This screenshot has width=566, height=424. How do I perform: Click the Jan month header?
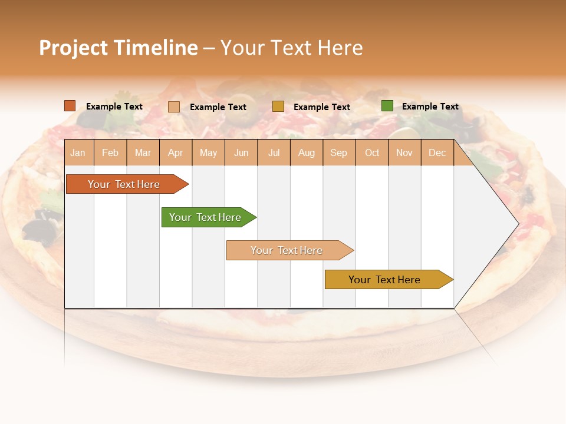[x=78, y=153]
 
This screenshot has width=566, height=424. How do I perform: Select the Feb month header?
[x=110, y=153]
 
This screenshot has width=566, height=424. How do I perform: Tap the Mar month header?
[x=143, y=153]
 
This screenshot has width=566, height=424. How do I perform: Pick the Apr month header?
[x=176, y=153]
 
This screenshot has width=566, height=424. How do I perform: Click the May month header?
[x=208, y=153]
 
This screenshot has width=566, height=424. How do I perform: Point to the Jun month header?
[x=241, y=153]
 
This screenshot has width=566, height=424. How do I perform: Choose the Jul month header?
[x=274, y=153]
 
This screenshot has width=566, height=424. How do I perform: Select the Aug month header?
[x=307, y=153]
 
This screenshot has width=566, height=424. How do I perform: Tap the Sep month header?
[x=339, y=153]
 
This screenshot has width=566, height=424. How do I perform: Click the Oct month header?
[x=372, y=153]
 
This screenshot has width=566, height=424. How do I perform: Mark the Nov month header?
[x=404, y=153]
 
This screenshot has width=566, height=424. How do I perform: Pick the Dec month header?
[x=437, y=153]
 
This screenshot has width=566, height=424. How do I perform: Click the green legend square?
[x=387, y=106]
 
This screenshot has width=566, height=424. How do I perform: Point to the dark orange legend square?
[x=70, y=106]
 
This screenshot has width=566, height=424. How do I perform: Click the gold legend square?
[x=278, y=106]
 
